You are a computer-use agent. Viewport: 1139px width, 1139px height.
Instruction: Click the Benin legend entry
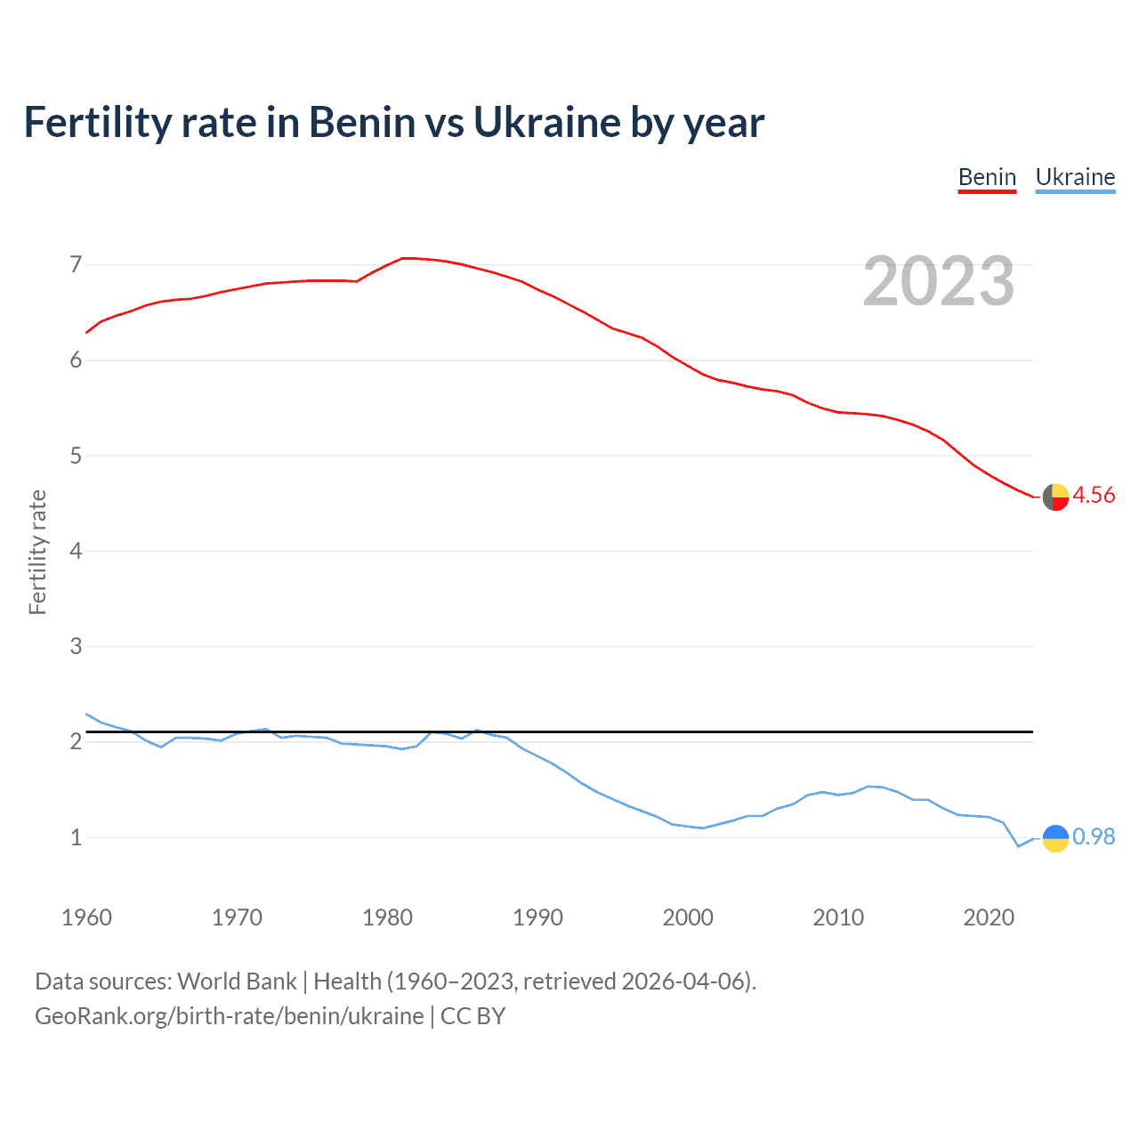(x=987, y=177)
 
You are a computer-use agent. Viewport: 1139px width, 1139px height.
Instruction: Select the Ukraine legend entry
(x=1075, y=177)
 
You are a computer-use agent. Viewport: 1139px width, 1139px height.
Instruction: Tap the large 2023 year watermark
(x=939, y=281)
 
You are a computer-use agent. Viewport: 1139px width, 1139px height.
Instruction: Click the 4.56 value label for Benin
(x=1094, y=496)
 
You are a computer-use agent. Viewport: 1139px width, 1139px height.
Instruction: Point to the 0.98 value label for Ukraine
(x=1094, y=837)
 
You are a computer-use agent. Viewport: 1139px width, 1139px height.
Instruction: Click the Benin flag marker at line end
(x=1055, y=497)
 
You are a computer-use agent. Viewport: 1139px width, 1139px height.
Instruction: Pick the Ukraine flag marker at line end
(x=1055, y=838)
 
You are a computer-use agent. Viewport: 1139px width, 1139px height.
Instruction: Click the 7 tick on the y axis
(x=76, y=264)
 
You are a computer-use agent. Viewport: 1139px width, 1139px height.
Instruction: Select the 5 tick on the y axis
(x=76, y=456)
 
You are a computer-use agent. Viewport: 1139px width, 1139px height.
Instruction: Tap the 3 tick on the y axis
(x=76, y=646)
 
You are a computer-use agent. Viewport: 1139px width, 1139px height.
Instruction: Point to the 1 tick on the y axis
(x=76, y=837)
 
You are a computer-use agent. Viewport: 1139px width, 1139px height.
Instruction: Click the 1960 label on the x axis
(x=86, y=917)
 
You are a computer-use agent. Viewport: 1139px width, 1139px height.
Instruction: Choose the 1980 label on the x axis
(x=387, y=917)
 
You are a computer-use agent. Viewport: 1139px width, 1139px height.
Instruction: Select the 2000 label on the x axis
(x=688, y=917)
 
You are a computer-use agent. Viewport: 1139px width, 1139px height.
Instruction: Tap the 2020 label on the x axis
(x=989, y=917)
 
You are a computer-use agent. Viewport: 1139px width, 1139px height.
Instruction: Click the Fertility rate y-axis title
(x=37, y=552)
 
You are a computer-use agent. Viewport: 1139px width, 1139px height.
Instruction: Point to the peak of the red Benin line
(x=405, y=258)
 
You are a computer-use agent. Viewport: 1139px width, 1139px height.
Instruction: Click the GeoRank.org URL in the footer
(x=230, y=1016)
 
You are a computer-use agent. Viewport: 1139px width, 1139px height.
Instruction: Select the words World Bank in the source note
(x=237, y=981)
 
